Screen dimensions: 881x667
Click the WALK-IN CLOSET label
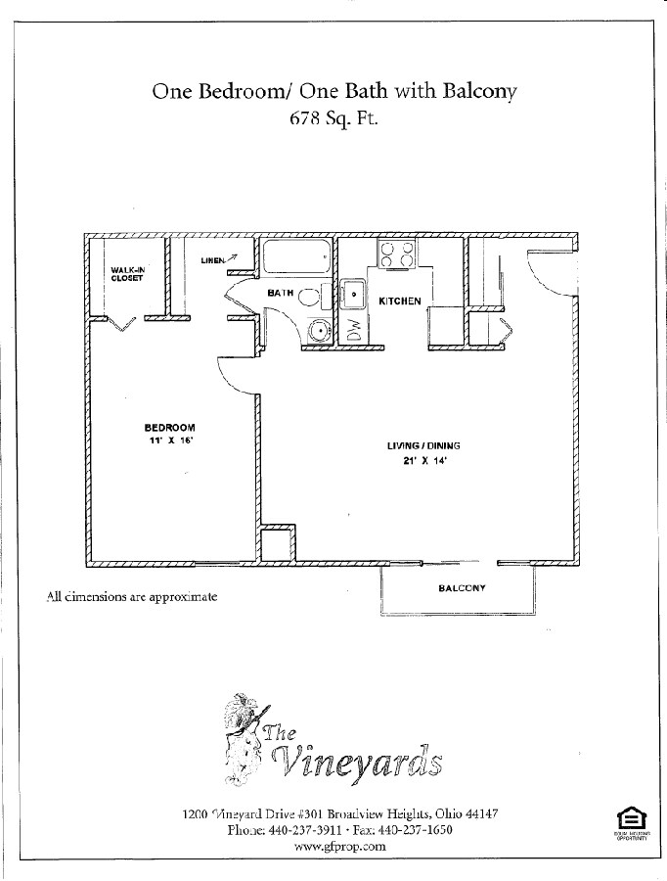(x=127, y=273)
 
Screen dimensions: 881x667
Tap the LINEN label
(x=212, y=260)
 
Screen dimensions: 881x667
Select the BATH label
(x=282, y=293)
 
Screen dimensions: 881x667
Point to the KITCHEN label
(x=400, y=301)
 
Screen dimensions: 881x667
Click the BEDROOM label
(x=170, y=427)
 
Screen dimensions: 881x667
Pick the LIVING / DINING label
(x=423, y=446)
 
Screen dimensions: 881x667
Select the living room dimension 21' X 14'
(x=423, y=462)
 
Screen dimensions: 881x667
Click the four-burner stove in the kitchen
(x=397, y=255)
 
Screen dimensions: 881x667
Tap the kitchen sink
(x=352, y=295)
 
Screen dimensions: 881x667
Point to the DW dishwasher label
(x=354, y=332)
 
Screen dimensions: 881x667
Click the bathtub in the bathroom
(x=295, y=258)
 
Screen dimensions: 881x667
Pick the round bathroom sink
(x=318, y=331)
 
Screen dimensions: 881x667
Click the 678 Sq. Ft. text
(x=333, y=121)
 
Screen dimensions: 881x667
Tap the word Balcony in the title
(x=479, y=92)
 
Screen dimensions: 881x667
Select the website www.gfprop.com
(x=339, y=847)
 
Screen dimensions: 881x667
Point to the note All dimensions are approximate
(x=131, y=596)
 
